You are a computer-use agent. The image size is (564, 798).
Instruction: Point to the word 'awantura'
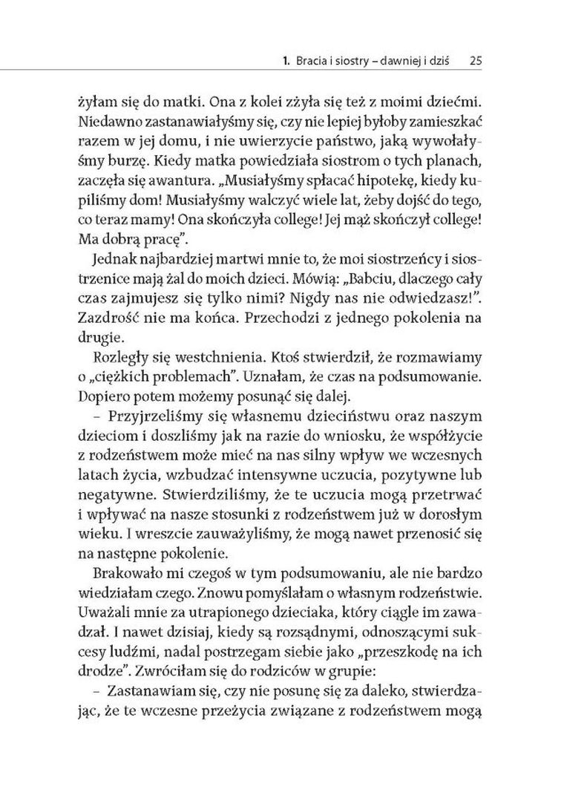coord(162,180)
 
